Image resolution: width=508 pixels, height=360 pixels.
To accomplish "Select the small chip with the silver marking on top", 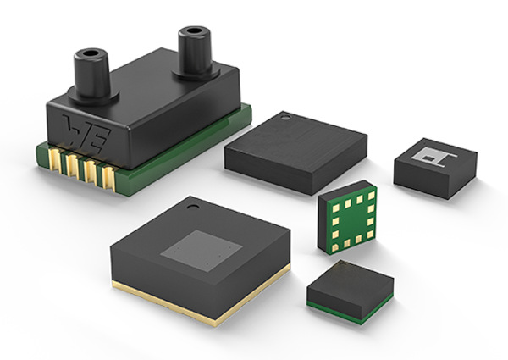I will point(435,165).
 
